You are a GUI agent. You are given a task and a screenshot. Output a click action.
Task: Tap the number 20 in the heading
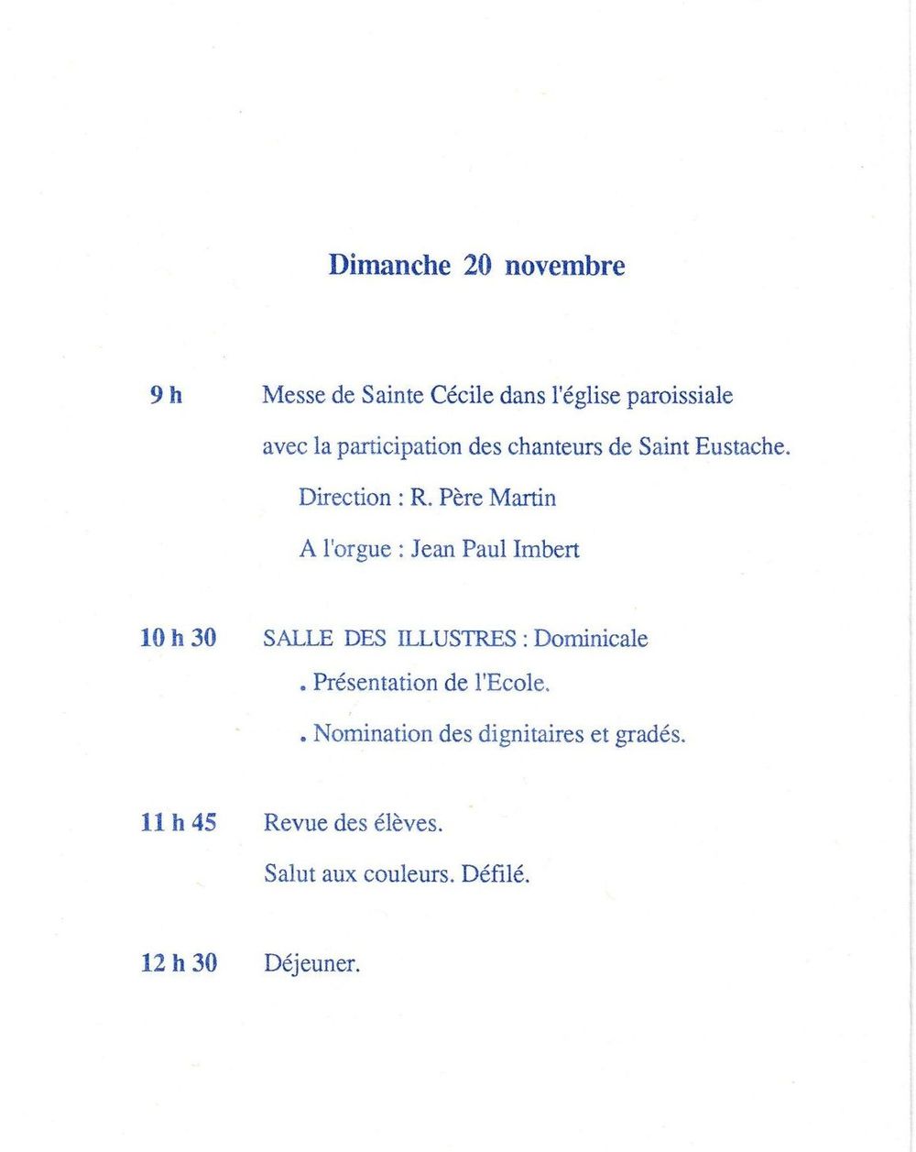coord(477,266)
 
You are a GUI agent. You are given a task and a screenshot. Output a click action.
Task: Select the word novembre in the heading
coord(564,267)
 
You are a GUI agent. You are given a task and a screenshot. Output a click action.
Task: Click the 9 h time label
coord(166,396)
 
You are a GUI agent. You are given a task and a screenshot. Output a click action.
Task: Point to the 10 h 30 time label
coord(178,638)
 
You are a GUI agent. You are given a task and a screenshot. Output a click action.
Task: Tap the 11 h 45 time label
coord(179,822)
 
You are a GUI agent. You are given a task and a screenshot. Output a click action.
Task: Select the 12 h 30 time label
coord(179,963)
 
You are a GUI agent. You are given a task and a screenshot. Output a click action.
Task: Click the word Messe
coord(294,396)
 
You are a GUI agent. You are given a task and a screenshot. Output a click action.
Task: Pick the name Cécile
coord(463,396)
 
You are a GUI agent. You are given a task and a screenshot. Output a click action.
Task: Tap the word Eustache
coord(742,447)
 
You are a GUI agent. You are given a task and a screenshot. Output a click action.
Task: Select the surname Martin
coord(522,498)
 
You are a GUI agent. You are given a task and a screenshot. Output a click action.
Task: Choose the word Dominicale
coord(591,639)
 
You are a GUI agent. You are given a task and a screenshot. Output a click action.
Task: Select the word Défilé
coord(495,873)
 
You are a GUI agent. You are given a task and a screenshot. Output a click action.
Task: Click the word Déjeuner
coord(311,964)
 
